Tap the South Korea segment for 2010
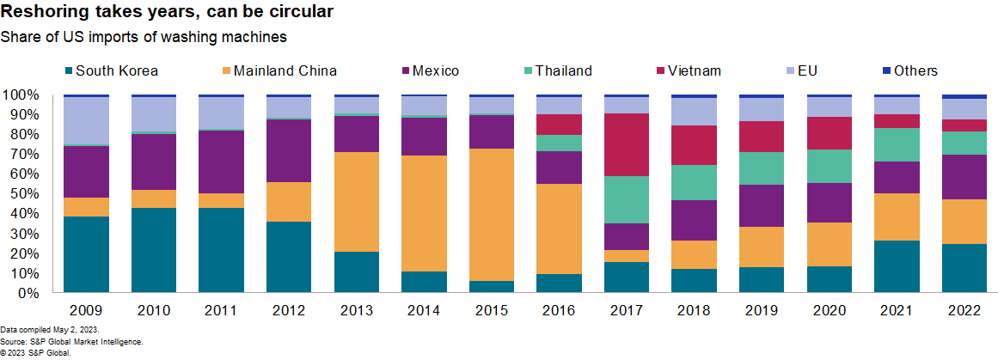coord(154,250)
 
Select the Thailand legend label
coord(563,71)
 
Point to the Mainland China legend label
coord(291,71)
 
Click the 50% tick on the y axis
coord(21,193)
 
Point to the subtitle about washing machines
coord(144,37)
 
